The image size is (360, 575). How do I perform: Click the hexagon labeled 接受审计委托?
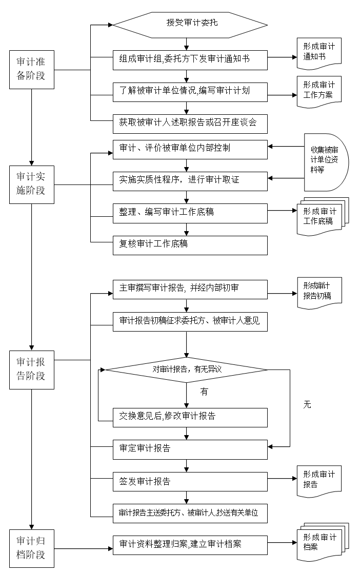[190, 24]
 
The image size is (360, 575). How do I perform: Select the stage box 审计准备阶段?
[31, 70]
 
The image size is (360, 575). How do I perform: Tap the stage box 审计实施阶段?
[31, 184]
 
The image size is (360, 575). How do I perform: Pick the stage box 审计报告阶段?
[31, 369]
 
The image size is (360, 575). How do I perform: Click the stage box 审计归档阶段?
[31, 548]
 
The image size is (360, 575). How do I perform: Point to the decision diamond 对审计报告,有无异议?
[186, 369]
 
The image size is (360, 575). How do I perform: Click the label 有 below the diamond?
[204, 392]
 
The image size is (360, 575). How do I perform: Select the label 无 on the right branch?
[307, 405]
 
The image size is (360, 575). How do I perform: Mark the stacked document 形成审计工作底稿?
[320, 216]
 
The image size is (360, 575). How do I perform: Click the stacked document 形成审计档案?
[320, 542]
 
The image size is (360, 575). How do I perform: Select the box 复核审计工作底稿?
[190, 245]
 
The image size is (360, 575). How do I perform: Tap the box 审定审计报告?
[190, 449]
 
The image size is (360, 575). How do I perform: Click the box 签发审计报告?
[190, 482]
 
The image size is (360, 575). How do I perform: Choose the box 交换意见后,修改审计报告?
[190, 417]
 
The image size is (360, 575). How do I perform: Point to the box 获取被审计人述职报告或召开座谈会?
[190, 123]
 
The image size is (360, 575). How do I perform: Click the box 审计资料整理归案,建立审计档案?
[190, 545]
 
